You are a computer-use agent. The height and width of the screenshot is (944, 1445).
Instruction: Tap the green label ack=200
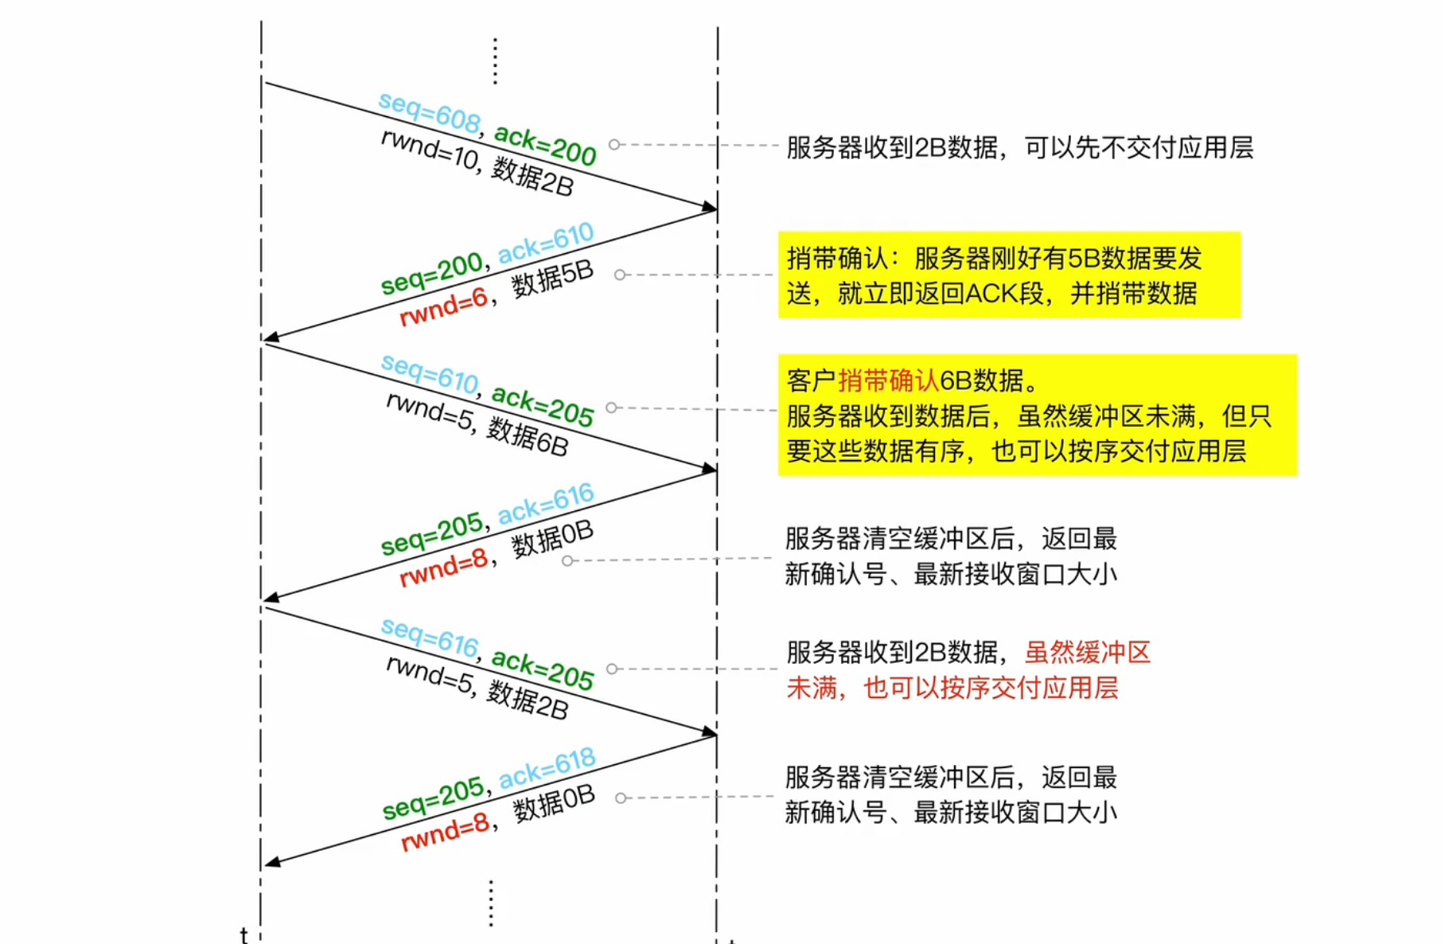[545, 144]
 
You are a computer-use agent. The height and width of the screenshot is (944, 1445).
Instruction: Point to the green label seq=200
[431, 273]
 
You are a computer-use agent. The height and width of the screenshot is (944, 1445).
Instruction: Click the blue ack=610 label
[546, 242]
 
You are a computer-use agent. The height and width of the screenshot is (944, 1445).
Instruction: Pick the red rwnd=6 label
[442, 307]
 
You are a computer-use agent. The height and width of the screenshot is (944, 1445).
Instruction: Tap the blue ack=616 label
[546, 503]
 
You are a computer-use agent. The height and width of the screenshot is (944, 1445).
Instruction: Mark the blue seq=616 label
[430, 638]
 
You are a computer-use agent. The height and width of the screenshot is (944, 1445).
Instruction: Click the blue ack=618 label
[547, 768]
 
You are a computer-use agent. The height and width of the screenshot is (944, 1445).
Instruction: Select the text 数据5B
[552, 278]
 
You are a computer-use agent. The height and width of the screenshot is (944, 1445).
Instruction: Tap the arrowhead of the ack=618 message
[271, 862]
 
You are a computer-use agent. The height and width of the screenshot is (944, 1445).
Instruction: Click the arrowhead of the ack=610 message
[271, 337]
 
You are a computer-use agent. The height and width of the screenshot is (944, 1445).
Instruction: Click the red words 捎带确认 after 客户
[888, 380]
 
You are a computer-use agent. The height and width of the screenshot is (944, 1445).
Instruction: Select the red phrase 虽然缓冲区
[1088, 653]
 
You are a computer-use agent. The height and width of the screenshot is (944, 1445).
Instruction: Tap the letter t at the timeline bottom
[244, 934]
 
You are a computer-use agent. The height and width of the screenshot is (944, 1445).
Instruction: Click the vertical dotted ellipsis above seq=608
[495, 60]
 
